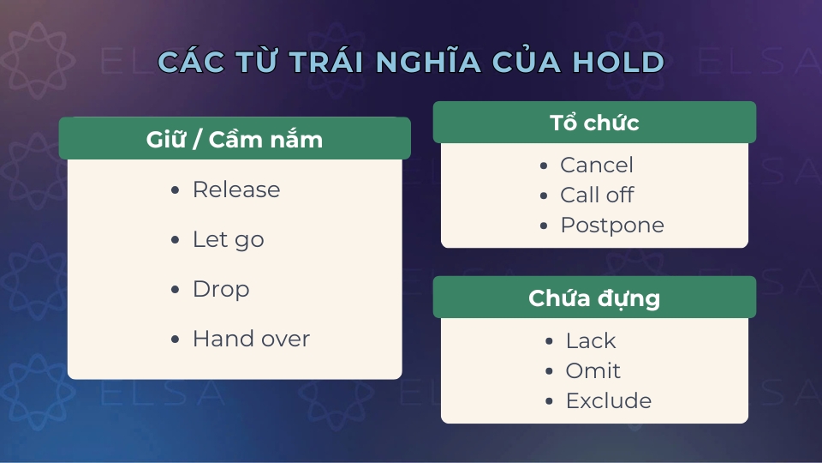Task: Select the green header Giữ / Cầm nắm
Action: pos(235,139)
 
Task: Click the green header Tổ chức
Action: pos(594,123)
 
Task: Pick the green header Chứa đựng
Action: pos(594,298)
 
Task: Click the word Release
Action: pos(236,189)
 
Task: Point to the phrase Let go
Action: pos(229,239)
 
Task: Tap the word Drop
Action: pos(221,289)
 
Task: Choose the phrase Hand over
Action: pos(251,339)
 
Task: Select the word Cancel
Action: pos(597,165)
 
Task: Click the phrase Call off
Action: pos(597,195)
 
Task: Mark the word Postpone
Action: pos(612,225)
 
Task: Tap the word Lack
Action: pos(591,340)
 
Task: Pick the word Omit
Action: pos(593,370)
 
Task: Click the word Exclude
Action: pos(609,400)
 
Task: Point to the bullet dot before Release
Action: pos(176,190)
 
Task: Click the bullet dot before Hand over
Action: pos(176,340)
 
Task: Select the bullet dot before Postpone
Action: pos(544,225)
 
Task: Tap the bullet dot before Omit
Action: pos(549,371)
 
